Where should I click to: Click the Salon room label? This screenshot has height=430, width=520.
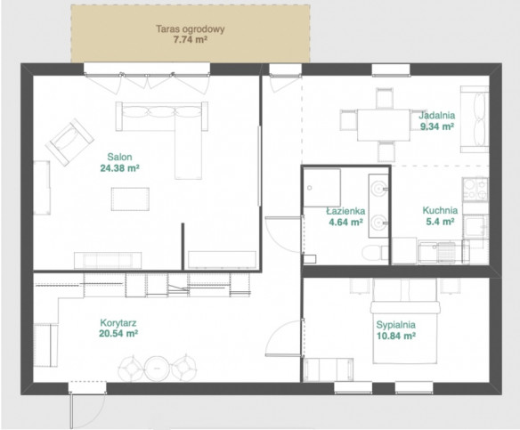point(119,157)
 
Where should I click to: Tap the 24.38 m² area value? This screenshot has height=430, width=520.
point(119,168)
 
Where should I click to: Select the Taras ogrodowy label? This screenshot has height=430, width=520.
point(191,28)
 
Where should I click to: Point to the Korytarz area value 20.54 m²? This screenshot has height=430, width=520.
point(118,334)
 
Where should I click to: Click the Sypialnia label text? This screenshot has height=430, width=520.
point(395,325)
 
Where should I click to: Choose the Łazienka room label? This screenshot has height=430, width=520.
point(345,211)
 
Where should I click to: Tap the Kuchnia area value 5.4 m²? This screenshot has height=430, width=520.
point(440,222)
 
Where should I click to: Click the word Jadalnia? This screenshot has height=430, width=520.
point(437,116)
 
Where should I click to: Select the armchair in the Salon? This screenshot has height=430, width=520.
point(69,142)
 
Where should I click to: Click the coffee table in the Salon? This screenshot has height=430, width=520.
point(130,199)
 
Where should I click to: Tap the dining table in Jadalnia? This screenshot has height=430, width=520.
point(384,125)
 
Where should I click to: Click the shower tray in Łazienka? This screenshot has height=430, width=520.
point(322,188)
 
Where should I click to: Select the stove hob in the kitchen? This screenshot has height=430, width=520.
point(475,190)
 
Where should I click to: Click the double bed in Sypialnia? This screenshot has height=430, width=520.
point(405,320)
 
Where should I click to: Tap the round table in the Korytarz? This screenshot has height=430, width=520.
point(157,369)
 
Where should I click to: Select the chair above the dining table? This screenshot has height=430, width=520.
point(385,98)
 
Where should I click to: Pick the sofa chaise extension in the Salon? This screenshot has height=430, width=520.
point(189,155)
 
